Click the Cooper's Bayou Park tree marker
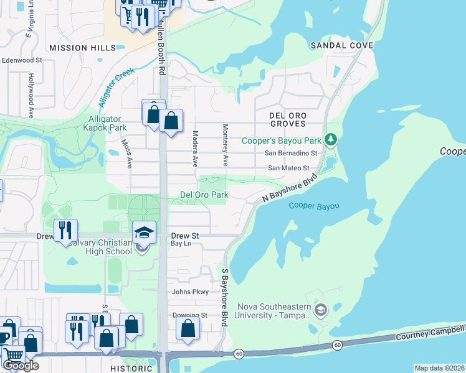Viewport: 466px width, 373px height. pos(333,138)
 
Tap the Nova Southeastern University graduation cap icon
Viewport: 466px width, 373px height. pos(321,310)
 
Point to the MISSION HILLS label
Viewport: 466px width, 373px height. pos(82,48)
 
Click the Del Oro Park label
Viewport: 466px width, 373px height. pos(204,195)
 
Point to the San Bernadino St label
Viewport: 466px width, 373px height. pos(291,153)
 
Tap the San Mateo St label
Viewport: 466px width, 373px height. pos(288,168)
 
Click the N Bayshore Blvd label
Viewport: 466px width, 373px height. pos(286,188)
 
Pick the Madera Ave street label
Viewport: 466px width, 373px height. pos(195,149)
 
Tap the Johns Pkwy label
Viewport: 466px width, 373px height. pos(190,292)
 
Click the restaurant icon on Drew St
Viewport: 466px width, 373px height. pos(65,230)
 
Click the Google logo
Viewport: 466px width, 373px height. pos(21,366)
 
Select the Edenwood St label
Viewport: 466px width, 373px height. pos(21,61)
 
